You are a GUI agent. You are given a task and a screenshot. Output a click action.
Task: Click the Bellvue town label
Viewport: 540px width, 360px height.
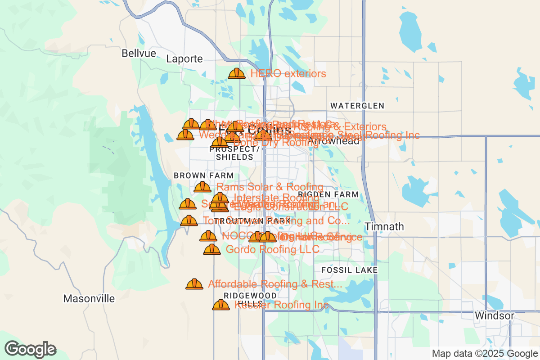pos(139,54)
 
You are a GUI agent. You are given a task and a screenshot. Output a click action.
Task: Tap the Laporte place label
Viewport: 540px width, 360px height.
pos(184,59)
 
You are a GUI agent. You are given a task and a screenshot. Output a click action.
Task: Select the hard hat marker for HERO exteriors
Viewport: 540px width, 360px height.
pos(237,73)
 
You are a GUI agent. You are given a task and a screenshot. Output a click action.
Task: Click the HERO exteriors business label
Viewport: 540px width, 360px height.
pos(288,73)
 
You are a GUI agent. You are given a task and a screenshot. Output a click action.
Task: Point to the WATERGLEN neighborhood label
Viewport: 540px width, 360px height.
pos(357,106)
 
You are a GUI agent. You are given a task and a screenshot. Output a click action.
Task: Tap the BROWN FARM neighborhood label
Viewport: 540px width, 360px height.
pos(204,175)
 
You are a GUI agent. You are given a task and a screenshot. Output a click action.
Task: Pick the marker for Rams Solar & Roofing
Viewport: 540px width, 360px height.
pos(202,186)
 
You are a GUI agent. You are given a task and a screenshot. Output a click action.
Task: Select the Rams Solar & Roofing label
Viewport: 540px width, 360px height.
pos(270,187)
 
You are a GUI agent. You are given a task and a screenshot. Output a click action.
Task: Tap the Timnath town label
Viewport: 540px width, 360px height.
pos(384,226)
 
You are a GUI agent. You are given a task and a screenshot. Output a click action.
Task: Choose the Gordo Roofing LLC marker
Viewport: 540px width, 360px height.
pos(212,249)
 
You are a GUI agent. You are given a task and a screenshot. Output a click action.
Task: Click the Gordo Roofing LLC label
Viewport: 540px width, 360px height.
pos(272,249)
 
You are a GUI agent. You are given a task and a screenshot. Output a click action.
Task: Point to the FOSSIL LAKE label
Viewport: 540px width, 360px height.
pos(349,270)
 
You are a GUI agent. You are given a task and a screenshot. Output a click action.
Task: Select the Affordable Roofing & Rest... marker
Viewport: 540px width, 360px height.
pos(194,284)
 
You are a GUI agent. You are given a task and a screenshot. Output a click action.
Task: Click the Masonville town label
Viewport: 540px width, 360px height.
pos(89,298)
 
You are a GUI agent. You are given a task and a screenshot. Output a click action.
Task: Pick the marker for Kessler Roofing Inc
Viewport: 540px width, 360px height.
pos(221,305)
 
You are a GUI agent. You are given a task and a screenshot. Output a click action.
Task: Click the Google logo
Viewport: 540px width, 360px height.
pos(31,349)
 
